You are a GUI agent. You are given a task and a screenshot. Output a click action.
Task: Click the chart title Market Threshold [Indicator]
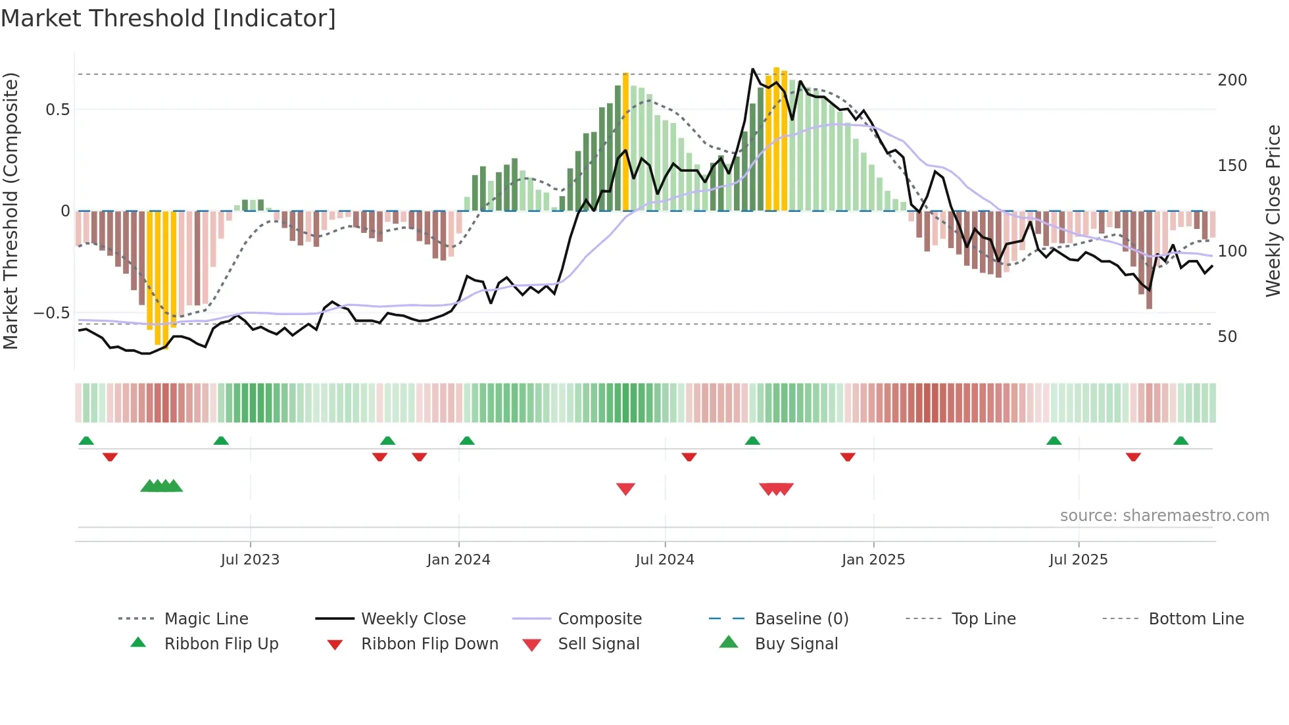coord(168,18)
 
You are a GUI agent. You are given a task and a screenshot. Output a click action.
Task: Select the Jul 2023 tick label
coord(250,560)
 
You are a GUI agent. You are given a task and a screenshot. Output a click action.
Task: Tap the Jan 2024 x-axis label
coord(458,560)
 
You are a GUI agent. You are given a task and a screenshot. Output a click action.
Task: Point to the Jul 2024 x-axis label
coord(665,560)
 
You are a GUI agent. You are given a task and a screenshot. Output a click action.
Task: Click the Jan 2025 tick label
coord(873,560)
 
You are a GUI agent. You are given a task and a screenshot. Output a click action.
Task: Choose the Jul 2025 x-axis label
coord(1079,560)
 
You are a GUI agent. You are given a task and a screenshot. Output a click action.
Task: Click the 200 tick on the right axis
coord(1232,80)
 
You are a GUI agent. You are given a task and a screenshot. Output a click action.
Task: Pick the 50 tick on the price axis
coord(1227,337)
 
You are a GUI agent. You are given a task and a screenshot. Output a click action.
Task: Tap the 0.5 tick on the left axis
coord(58,110)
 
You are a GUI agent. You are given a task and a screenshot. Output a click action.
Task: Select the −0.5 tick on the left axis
coord(52,313)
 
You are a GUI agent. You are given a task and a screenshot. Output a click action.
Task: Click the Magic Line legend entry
coord(206,619)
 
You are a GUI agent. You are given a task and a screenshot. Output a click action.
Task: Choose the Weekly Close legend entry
coord(413,619)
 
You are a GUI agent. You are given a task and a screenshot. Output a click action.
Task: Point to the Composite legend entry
coord(600,619)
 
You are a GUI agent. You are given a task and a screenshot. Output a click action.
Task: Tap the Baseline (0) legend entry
coord(802,619)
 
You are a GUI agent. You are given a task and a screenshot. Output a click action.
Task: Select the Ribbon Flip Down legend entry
coord(429,644)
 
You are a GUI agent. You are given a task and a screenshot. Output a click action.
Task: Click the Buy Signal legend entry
coord(796,644)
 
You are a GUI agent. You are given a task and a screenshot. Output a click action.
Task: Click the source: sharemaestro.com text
coord(1164,516)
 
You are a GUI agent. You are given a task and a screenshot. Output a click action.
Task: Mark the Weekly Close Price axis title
coord(1273,211)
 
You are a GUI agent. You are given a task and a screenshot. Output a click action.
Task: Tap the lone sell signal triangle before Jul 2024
coord(625,489)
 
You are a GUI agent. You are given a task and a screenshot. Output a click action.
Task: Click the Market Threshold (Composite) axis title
coord(11,211)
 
